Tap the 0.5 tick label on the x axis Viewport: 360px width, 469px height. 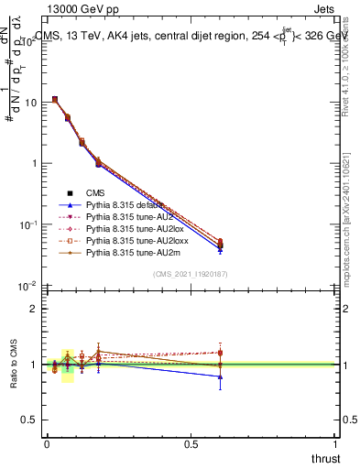tap(191, 444)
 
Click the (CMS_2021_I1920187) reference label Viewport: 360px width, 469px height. tap(190, 275)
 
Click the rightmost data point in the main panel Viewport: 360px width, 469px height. tap(220, 244)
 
